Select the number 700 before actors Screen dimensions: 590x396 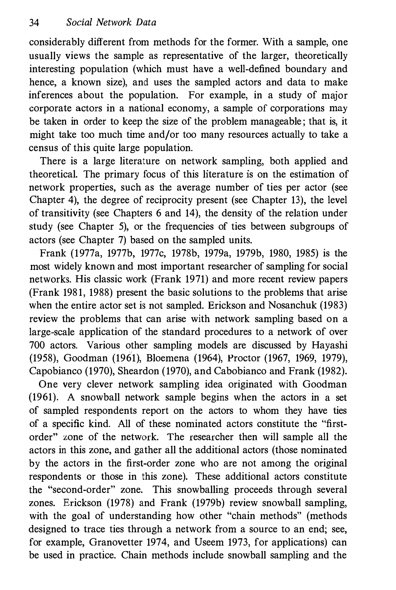click(37, 345)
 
